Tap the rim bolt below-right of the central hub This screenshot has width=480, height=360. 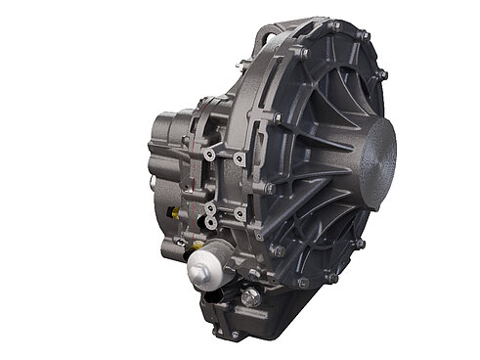363,243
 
